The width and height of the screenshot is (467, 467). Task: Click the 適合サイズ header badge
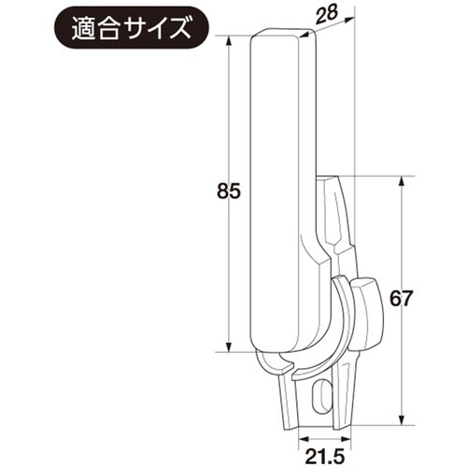[x=130, y=28]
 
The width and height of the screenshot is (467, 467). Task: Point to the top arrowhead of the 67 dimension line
[x=402, y=179]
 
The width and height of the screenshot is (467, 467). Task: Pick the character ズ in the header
[x=177, y=28]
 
